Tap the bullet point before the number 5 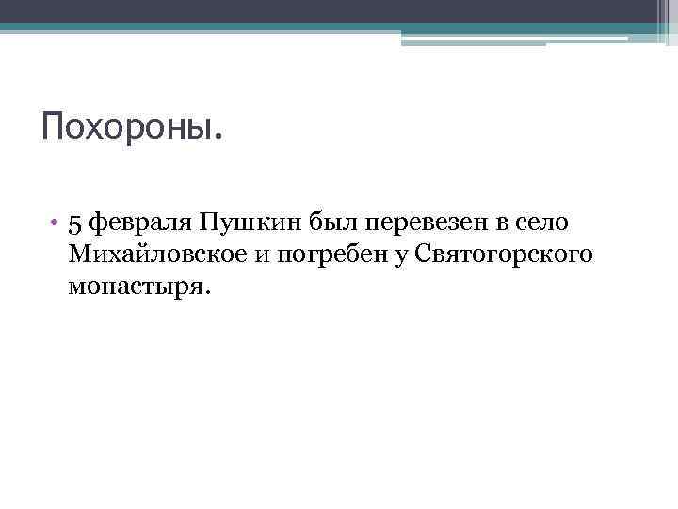point(56,222)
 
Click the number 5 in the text point(76,222)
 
